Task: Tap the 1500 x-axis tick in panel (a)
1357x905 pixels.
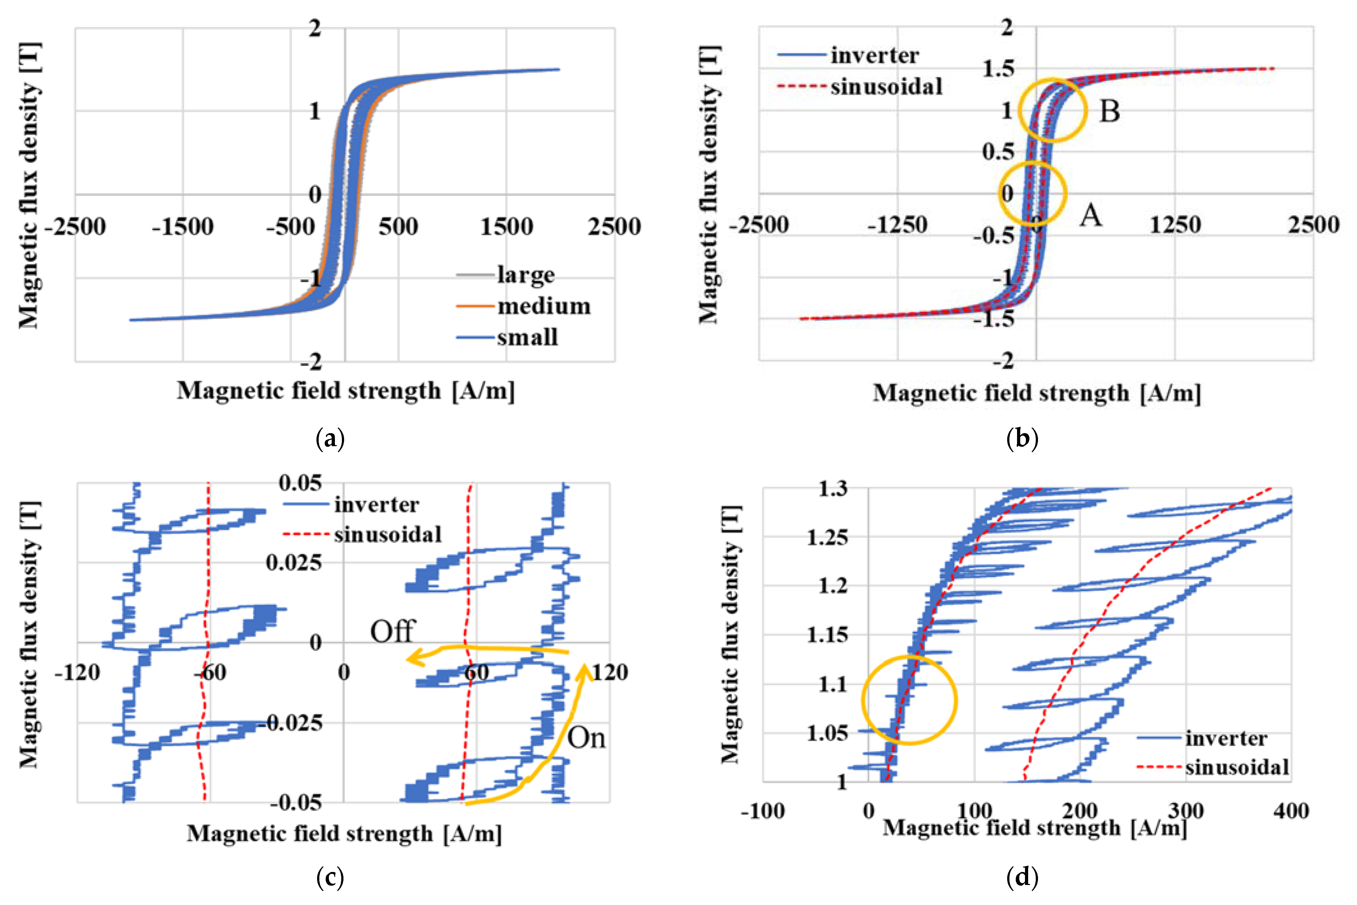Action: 507,227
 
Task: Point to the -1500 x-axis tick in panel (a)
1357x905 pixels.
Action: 182,227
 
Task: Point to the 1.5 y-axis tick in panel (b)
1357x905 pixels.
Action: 998,69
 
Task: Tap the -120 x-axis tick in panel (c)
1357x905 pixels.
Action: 77,673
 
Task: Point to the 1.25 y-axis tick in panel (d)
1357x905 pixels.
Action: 827,537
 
